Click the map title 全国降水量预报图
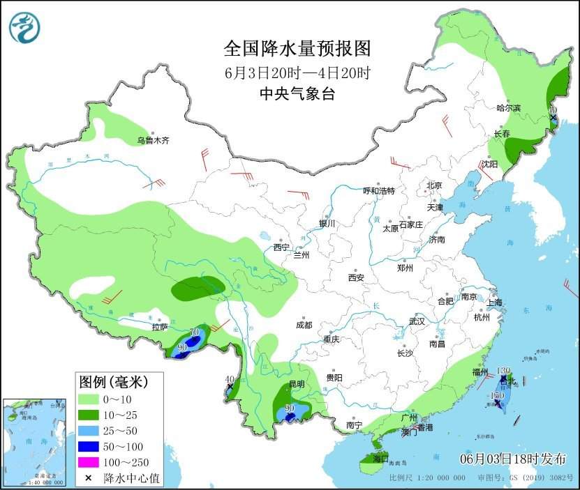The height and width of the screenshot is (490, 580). coord(297,48)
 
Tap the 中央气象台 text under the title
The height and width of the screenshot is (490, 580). coord(297,94)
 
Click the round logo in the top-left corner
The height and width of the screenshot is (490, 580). coord(24,27)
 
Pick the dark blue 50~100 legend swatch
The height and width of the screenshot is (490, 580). coord(89,447)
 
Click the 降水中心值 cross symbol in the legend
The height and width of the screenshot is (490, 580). coord(89,478)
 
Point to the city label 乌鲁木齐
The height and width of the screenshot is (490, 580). coord(153,140)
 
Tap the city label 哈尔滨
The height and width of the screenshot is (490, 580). coord(508,108)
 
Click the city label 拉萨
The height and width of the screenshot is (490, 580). coord(160,326)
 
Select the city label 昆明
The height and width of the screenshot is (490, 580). coord(296,384)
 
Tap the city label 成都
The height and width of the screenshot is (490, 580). coord(304,325)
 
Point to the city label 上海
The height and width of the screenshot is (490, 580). coord(494,303)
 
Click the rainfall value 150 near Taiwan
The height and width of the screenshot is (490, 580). coord(497,395)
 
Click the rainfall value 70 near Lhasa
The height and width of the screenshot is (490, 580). coord(195,332)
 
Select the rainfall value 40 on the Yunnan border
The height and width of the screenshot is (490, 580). coord(229,379)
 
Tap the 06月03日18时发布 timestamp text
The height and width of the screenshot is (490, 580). coord(513,458)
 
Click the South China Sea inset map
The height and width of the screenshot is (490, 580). coord(35,443)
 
